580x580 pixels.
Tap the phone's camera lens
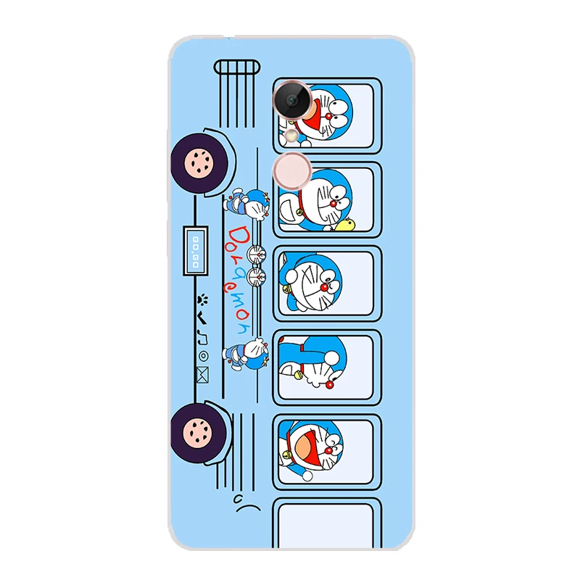pyautogui.click(x=293, y=99)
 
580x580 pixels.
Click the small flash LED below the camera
pyautogui.click(x=292, y=135)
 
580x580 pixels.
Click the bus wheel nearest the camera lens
pyautogui.click(x=199, y=164)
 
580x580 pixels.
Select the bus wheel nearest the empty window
pyautogui.click(x=199, y=433)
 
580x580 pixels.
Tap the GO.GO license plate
pyautogui.click(x=196, y=250)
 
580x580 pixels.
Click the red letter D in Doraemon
pyautogui.click(x=236, y=236)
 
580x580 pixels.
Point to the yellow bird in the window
pyautogui.click(x=348, y=223)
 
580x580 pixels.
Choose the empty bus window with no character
pyautogui.click(x=327, y=524)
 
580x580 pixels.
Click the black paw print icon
pyautogui.click(x=202, y=299)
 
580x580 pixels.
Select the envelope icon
pyautogui.click(x=203, y=375)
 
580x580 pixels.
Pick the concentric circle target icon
pyautogui.click(x=203, y=356)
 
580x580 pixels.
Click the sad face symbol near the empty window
pyautogui.click(x=247, y=504)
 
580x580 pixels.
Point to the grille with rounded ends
pyautogui.click(x=237, y=67)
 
